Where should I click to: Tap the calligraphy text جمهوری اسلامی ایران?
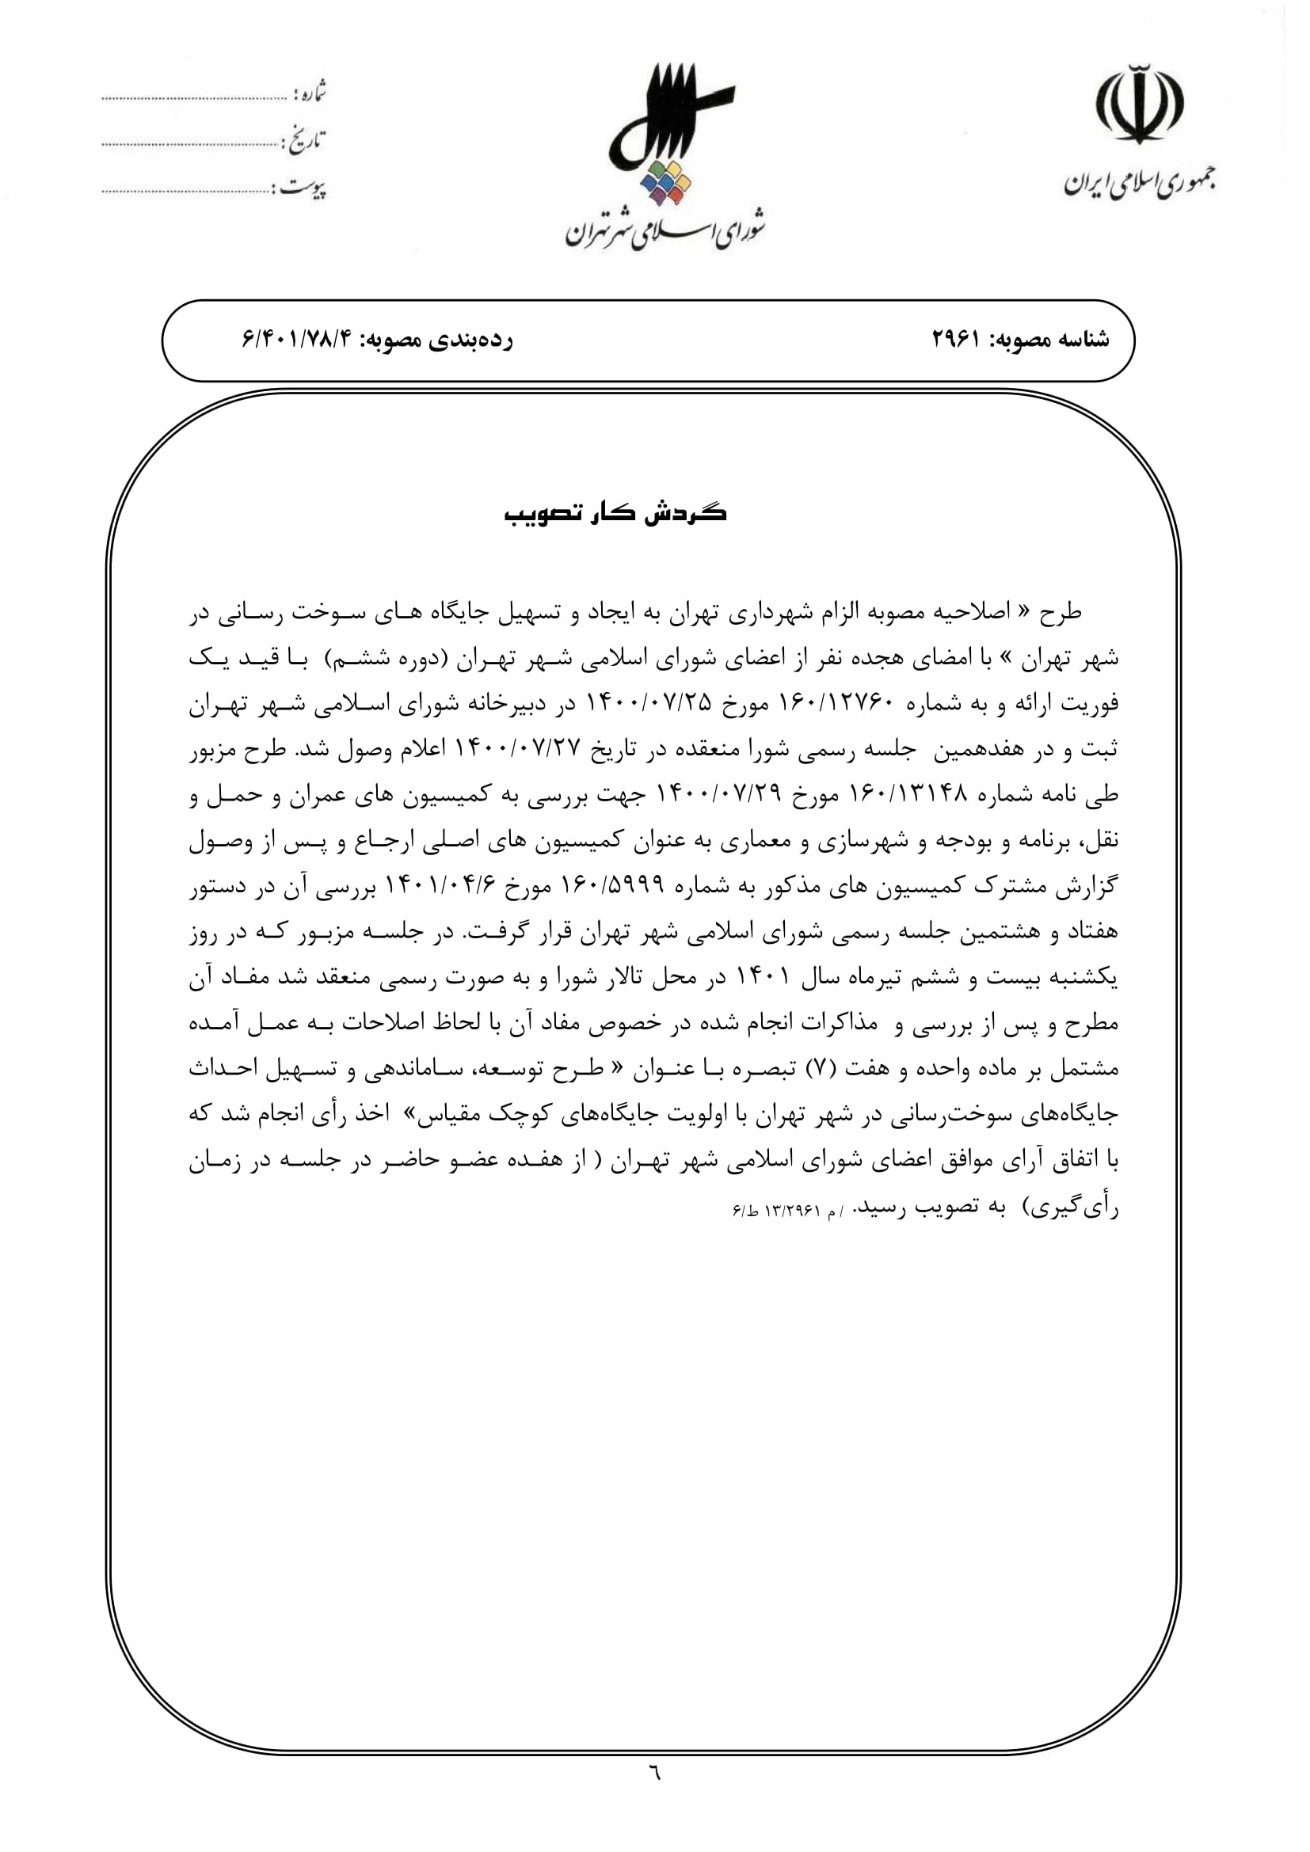click(x=1139, y=182)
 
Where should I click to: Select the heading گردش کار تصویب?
click(x=615, y=514)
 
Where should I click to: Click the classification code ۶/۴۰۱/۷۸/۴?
click(x=298, y=340)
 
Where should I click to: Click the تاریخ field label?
click(x=303, y=140)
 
